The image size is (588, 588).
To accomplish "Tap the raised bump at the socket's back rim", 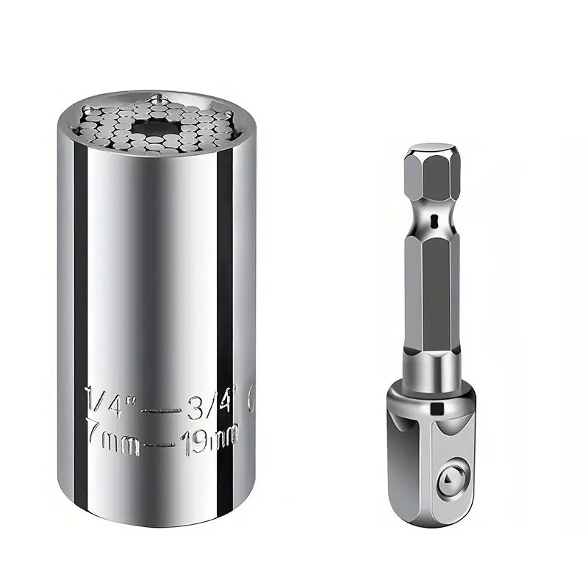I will coord(156,97).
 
